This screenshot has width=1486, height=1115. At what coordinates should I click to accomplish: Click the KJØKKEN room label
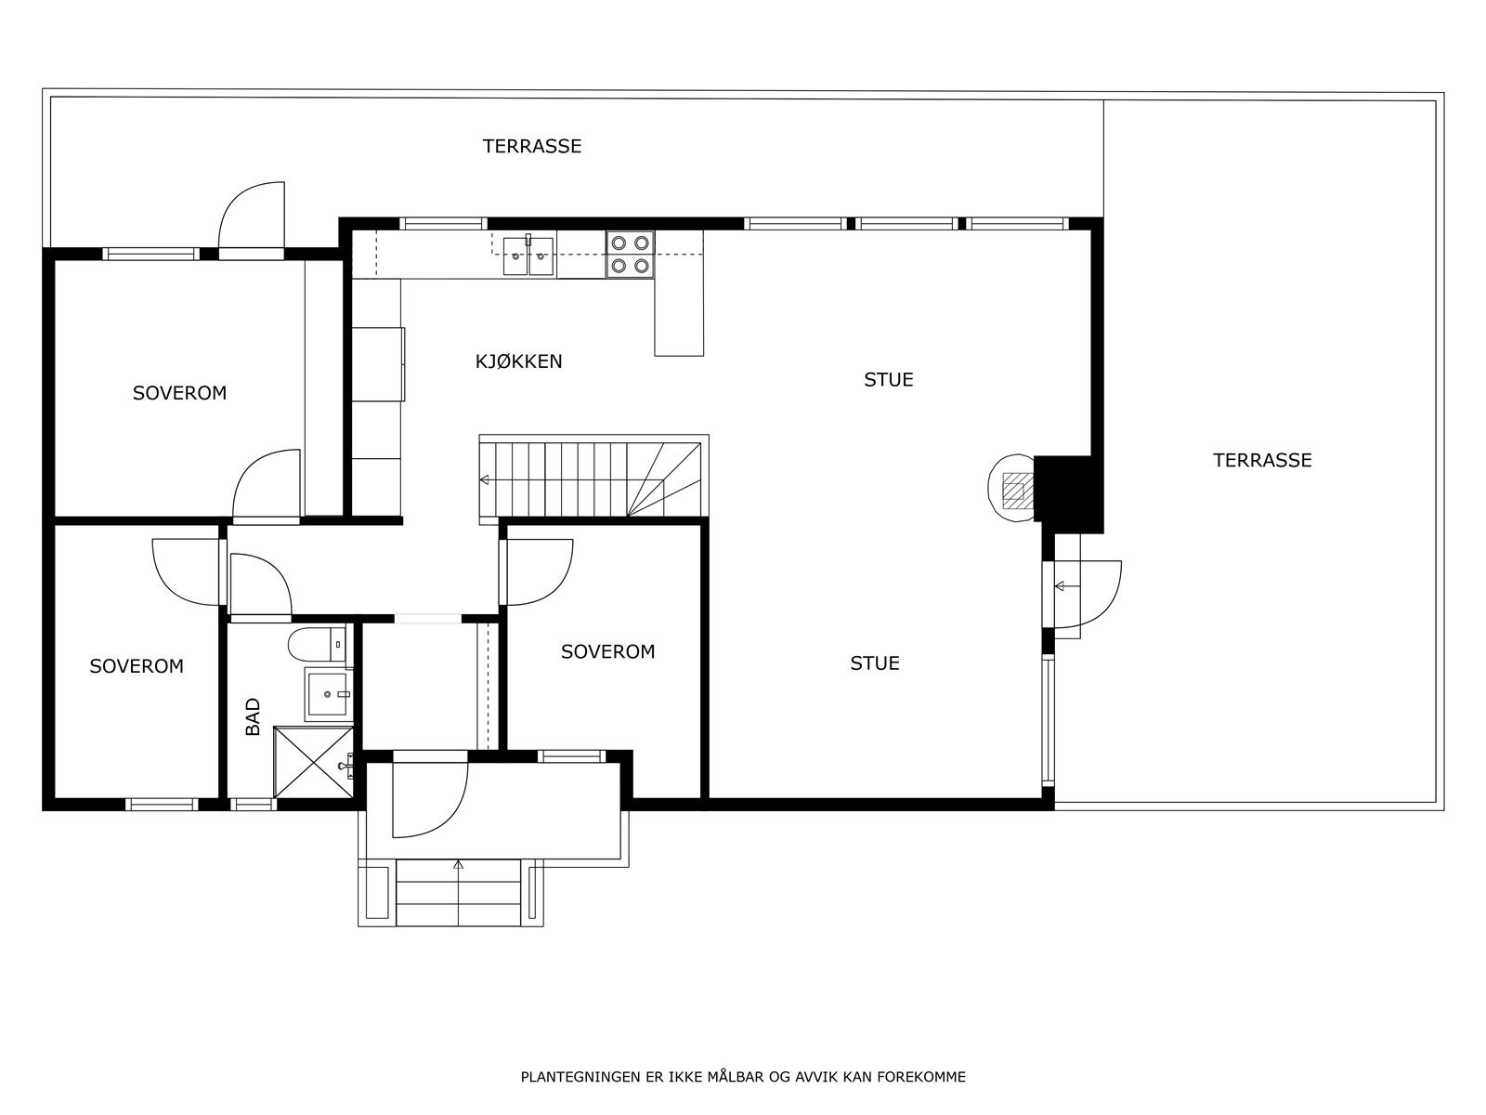(518, 361)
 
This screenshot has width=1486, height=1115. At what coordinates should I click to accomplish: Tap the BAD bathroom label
(254, 717)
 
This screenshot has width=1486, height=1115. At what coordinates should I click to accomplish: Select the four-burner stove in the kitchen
(630, 255)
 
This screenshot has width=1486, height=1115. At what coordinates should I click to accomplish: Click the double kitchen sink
(528, 256)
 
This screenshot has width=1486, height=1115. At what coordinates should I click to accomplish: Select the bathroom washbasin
(327, 693)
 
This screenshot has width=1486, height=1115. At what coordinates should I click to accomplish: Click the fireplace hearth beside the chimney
(1012, 489)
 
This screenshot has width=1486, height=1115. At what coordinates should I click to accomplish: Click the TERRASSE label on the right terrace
(1262, 460)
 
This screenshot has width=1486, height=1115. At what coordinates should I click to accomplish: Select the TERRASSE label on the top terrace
(531, 146)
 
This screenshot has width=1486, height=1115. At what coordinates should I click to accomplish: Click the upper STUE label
(889, 379)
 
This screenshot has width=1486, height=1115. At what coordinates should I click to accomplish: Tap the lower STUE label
(875, 663)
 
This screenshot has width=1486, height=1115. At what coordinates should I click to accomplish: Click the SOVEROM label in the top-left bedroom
(179, 393)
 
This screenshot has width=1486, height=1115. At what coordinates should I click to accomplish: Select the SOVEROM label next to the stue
(607, 652)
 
